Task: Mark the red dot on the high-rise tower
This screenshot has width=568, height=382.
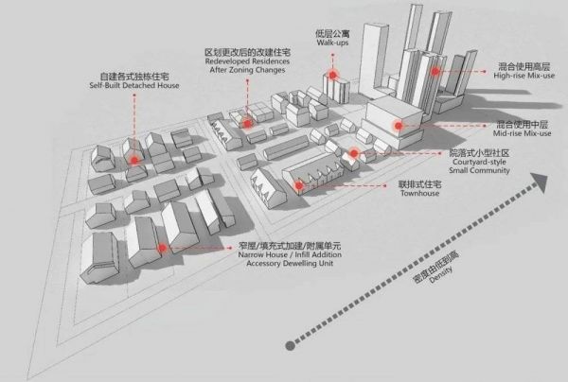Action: click(x=435, y=70)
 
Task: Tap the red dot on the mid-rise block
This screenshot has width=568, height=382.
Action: click(x=399, y=124)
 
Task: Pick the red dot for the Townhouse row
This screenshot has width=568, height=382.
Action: click(x=299, y=185)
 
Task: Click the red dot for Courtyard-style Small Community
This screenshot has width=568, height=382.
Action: click(x=353, y=153)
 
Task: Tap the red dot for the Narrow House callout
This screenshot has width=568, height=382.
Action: click(x=163, y=249)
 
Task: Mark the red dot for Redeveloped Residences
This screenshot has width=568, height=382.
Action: click(x=246, y=122)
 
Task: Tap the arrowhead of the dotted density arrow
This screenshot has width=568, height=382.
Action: click(x=541, y=179)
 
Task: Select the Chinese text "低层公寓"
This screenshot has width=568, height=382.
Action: click(x=332, y=30)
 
